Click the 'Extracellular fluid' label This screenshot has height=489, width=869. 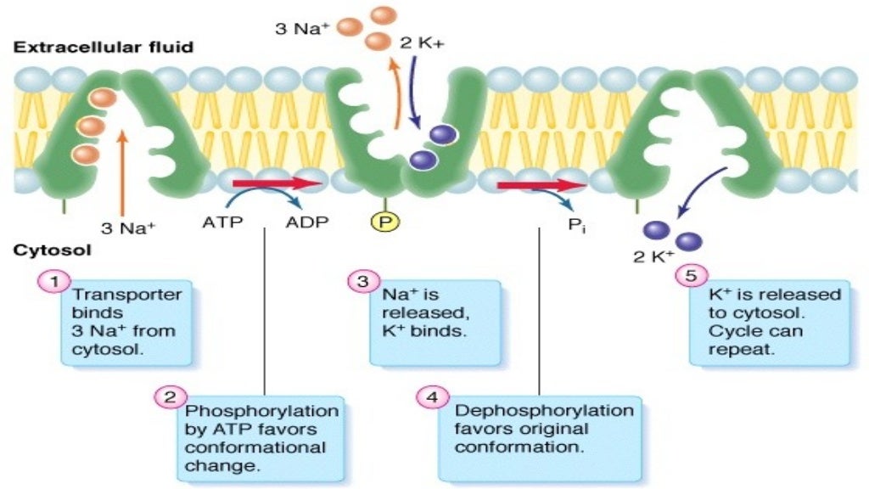click(103, 48)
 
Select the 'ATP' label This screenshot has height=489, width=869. click(223, 225)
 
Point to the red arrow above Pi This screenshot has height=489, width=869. click(540, 184)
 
